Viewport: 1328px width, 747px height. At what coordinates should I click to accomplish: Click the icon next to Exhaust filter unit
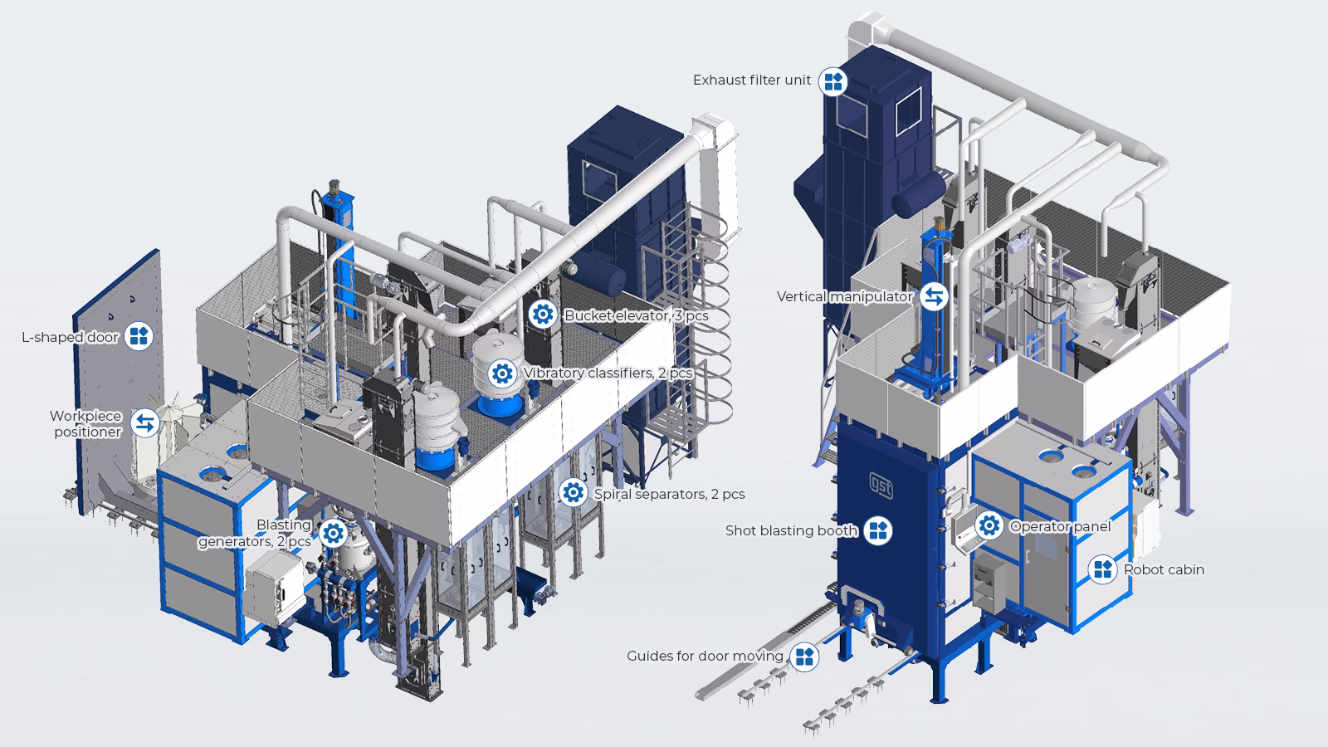[832, 81]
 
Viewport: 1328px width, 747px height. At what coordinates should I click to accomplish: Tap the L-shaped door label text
[70, 337]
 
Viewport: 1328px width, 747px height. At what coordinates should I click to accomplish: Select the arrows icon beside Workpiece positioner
[144, 423]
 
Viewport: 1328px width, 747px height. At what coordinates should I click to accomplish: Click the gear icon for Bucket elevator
[542, 315]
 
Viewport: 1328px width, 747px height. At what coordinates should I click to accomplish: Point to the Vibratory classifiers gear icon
[501, 373]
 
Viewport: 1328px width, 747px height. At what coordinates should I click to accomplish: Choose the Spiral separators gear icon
[572, 493]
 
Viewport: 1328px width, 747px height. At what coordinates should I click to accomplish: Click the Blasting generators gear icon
[333, 533]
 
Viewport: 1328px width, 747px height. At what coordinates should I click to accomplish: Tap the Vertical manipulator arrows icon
[934, 296]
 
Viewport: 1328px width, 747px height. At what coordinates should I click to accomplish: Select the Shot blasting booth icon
[878, 530]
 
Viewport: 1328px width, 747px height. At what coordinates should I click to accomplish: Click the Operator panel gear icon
[989, 526]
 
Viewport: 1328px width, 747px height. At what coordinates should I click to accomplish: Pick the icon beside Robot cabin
[1102, 569]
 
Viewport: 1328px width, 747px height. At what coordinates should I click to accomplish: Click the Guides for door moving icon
[803, 657]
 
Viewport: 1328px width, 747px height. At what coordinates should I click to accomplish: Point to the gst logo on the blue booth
[881, 486]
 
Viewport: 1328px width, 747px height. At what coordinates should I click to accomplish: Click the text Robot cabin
[1164, 569]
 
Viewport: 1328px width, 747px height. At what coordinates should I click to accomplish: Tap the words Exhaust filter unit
[752, 81]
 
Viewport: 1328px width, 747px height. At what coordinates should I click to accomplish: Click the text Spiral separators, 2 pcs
[669, 494]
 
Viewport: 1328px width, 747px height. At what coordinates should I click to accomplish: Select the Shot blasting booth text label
[791, 530]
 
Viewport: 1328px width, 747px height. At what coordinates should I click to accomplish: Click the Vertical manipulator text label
[844, 296]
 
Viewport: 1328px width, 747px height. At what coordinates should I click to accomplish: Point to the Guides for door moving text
[705, 657]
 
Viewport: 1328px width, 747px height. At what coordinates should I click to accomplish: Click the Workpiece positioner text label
[85, 423]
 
